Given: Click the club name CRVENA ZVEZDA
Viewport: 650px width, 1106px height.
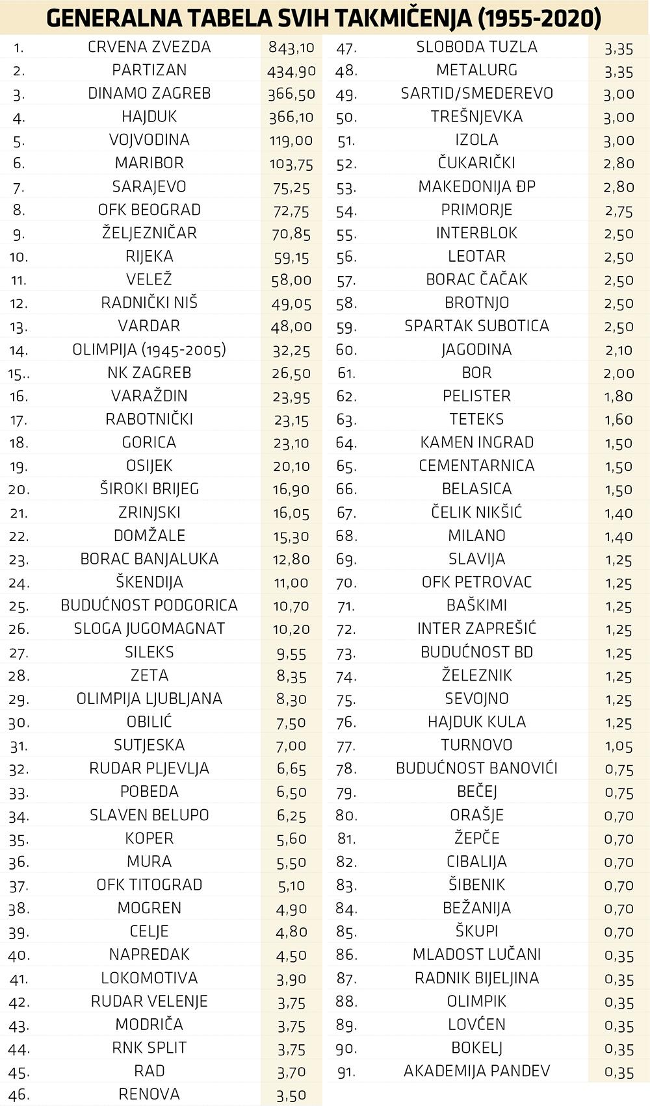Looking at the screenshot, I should (149, 47).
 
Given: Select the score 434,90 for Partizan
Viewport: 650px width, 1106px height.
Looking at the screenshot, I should (291, 71).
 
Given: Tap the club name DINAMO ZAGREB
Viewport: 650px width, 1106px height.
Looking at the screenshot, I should (149, 94).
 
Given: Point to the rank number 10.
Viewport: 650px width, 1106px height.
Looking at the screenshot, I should (19, 257).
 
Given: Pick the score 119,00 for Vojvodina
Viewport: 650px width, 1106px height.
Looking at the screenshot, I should (291, 140).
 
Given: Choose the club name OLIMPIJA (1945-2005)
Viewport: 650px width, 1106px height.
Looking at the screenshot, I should (149, 349).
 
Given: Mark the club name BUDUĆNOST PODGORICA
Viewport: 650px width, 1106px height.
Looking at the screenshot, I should (149, 605).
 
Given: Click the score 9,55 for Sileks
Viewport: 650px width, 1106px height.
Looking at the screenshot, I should (291, 653).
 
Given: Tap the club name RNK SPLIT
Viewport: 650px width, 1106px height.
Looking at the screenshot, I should (149, 1048).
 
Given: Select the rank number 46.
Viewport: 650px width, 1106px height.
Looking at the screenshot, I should (19, 1095).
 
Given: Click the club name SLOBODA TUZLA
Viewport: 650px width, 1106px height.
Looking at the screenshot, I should (476, 47).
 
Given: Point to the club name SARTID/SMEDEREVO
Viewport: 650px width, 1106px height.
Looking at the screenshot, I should (476, 94).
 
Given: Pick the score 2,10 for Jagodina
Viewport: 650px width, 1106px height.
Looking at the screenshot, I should (618, 350).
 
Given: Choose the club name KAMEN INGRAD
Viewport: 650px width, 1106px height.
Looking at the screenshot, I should (476, 442).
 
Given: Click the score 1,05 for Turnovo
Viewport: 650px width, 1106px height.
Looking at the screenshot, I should (618, 746).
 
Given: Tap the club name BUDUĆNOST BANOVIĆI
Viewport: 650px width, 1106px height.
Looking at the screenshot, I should (476, 768).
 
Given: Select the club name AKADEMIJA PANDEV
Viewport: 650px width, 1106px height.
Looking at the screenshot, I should (476, 1071).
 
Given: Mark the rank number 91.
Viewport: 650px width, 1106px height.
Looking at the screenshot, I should (346, 1072).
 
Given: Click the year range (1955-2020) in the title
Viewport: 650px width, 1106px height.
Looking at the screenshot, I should (539, 18).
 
